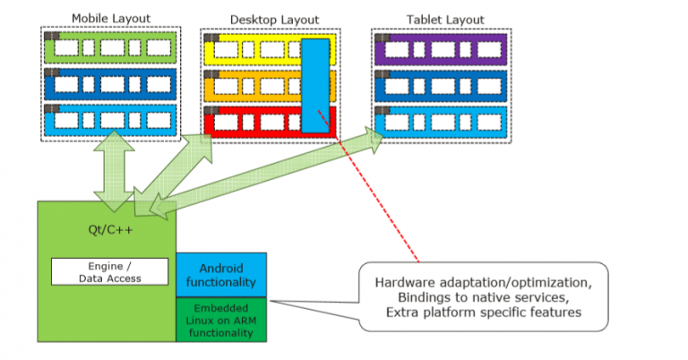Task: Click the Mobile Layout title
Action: click(110, 19)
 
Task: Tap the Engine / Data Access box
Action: click(109, 271)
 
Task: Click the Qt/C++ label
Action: click(106, 228)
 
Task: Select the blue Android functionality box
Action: click(220, 275)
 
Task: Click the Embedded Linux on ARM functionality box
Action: click(220, 319)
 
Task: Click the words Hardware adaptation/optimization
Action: click(485, 281)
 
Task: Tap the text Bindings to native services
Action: click(485, 296)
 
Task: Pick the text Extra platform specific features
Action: click(485, 312)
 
